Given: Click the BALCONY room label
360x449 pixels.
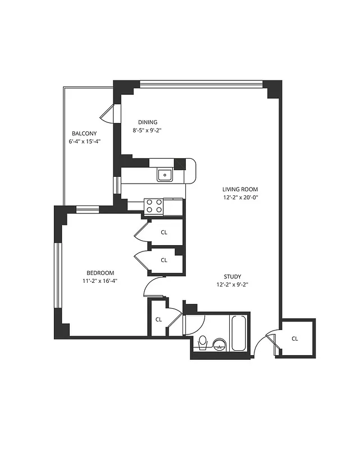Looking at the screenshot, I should tap(84, 134).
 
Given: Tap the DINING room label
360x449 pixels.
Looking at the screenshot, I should tap(148, 122).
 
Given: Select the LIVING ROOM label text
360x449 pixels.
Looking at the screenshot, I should tap(240, 189).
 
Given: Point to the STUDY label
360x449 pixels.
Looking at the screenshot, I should tap(233, 276).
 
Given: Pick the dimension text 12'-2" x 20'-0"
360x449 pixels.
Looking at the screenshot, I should tap(240, 197).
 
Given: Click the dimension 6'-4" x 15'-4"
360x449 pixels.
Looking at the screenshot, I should tap(84, 141).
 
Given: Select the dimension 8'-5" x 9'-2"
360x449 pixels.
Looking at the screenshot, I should tap(148, 130).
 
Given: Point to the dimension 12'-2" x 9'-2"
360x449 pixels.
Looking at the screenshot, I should tap(233, 285).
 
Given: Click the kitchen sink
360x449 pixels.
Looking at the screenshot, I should tap(165, 175).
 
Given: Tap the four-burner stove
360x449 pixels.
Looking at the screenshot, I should tap(154, 207).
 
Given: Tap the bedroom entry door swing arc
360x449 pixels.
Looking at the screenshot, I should tap(151, 286).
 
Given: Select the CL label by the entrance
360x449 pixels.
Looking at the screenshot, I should tap(295, 338).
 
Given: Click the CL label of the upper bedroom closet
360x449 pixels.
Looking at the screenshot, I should tap(164, 231).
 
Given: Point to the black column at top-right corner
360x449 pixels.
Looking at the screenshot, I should tap(274, 89).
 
